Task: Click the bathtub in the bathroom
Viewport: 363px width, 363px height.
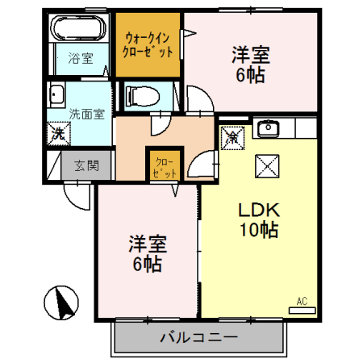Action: click(x=79, y=28)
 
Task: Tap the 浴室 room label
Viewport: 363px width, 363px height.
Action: click(x=81, y=58)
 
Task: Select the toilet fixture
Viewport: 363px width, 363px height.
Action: click(x=142, y=96)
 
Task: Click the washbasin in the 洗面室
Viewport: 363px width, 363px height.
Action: click(x=56, y=94)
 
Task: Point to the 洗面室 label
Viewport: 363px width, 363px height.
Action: click(x=86, y=114)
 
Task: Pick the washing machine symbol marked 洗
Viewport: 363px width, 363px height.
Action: click(x=59, y=134)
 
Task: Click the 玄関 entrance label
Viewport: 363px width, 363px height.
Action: click(x=86, y=165)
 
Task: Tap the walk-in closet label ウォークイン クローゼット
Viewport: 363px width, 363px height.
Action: click(x=148, y=44)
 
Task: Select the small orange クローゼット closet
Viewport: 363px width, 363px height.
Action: click(x=165, y=165)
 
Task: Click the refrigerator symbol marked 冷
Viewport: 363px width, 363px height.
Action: click(x=233, y=138)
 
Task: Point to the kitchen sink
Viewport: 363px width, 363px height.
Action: click(x=268, y=128)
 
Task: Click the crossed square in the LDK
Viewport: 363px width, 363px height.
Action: click(x=267, y=166)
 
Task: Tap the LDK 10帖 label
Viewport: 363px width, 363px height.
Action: click(x=259, y=219)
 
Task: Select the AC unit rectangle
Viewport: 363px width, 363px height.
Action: click(x=302, y=311)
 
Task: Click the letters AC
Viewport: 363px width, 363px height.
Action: click(x=302, y=302)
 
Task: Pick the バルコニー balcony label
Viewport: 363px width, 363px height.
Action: click(x=199, y=337)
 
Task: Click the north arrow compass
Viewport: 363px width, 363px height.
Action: click(x=61, y=302)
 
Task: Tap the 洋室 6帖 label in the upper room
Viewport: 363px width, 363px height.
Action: click(x=251, y=65)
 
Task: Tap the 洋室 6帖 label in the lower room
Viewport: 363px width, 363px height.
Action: click(x=148, y=253)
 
